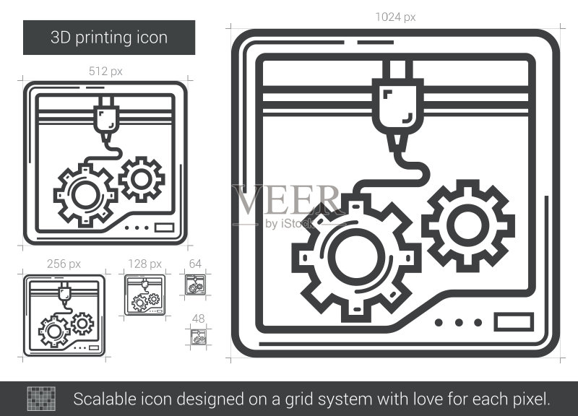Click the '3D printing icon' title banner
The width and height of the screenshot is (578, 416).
[109, 38]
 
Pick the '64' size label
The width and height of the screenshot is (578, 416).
[195, 264]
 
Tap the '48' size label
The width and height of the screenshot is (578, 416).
[198, 318]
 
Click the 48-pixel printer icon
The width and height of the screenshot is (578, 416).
[199, 337]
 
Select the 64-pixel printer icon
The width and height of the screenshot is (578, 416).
[195, 285]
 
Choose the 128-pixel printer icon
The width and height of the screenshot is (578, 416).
[145, 295]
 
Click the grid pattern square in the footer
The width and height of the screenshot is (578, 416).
[41, 399]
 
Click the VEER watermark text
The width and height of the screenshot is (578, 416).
[287, 200]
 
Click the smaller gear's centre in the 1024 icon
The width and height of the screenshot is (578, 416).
[467, 225]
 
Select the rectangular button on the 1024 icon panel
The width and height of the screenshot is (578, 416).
[514, 322]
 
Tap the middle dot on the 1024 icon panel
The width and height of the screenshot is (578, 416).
[459, 323]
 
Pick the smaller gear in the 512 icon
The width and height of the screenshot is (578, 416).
[142, 179]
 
